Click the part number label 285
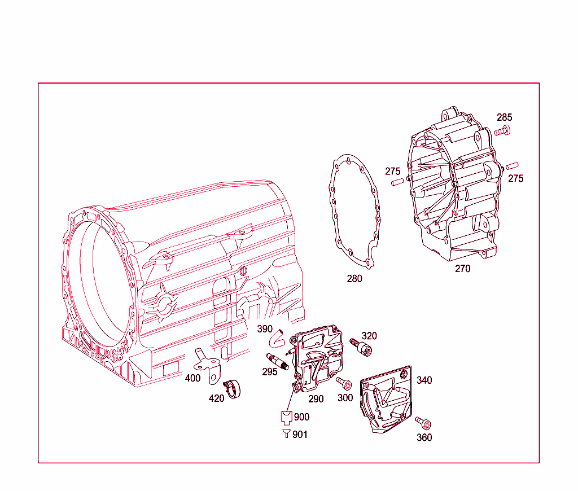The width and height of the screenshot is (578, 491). tap(504, 117)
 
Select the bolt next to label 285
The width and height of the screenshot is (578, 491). tap(501, 131)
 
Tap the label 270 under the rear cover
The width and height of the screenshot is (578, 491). tap(462, 269)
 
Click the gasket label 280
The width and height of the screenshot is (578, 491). tap(354, 278)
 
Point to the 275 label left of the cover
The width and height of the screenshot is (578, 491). tap(393, 171)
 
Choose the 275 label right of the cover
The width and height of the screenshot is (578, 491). tap(515, 178)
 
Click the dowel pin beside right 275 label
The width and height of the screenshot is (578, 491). tap(512, 166)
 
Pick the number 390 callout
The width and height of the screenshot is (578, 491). tap(265, 328)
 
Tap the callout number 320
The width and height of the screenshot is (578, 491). tap(369, 335)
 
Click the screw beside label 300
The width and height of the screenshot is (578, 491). tap(344, 383)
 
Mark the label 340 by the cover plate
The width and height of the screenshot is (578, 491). tap(424, 380)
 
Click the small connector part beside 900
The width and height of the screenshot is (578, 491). tap(286, 418)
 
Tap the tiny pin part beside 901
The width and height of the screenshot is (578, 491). tap(286, 433)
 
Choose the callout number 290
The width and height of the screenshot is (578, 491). tap(316, 398)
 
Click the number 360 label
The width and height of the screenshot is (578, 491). tap(424, 437)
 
